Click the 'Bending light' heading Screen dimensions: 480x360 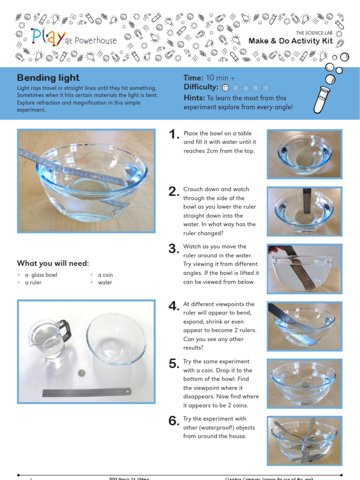coord(48,78)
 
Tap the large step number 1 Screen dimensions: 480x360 coord(174,135)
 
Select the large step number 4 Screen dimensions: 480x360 coord(174,306)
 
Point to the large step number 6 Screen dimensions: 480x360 coord(174,421)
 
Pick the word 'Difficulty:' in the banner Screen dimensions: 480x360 coord(201,87)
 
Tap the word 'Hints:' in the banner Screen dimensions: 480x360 coord(194,98)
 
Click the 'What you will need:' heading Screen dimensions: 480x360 coord(53,263)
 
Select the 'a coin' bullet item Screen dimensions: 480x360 coord(105,275)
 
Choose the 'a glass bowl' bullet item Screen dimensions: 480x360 coord(41,275)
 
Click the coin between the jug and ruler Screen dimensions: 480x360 coord(82,373)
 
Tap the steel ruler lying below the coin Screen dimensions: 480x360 coord(87,392)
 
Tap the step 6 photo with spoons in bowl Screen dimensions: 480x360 coord(305,440)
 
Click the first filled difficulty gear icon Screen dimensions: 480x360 coord(225,88)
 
